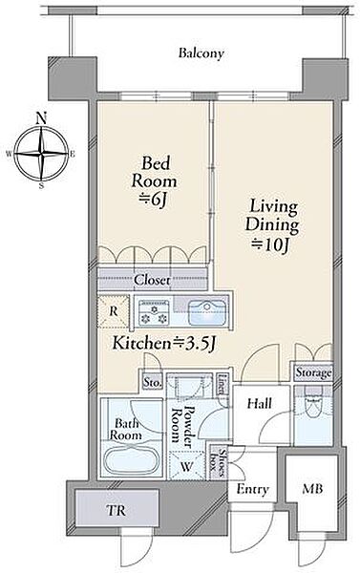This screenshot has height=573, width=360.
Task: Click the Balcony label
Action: [x=201, y=53]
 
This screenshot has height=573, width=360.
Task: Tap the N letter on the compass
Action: [x=42, y=118]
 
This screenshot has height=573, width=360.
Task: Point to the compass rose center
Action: [x=42, y=154]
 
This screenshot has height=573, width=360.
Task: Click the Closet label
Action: [x=152, y=280]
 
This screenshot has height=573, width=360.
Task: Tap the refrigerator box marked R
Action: [x=114, y=311]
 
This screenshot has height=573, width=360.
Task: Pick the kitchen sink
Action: [x=206, y=313]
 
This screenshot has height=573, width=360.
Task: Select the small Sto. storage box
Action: [x=152, y=382]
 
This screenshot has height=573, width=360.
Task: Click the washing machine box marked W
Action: [x=187, y=466]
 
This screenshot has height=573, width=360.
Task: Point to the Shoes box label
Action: [x=218, y=462]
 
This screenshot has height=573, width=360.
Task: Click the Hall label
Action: [x=260, y=404]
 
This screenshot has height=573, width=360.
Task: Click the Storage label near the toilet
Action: [x=313, y=372]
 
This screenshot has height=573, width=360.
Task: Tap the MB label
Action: [x=312, y=489]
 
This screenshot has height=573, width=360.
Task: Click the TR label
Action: [x=116, y=510]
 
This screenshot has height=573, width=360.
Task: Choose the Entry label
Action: [x=252, y=489]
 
